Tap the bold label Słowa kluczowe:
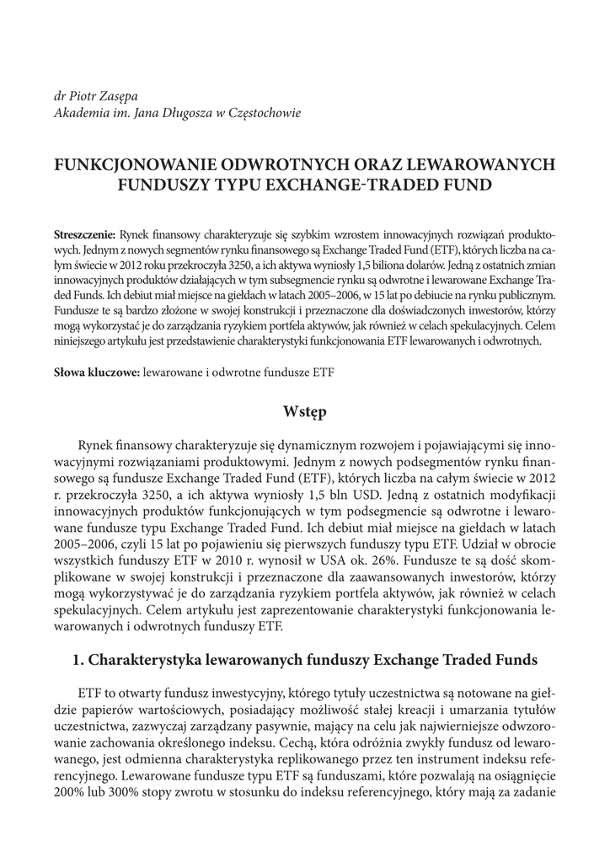(97, 371)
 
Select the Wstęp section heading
(304, 412)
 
